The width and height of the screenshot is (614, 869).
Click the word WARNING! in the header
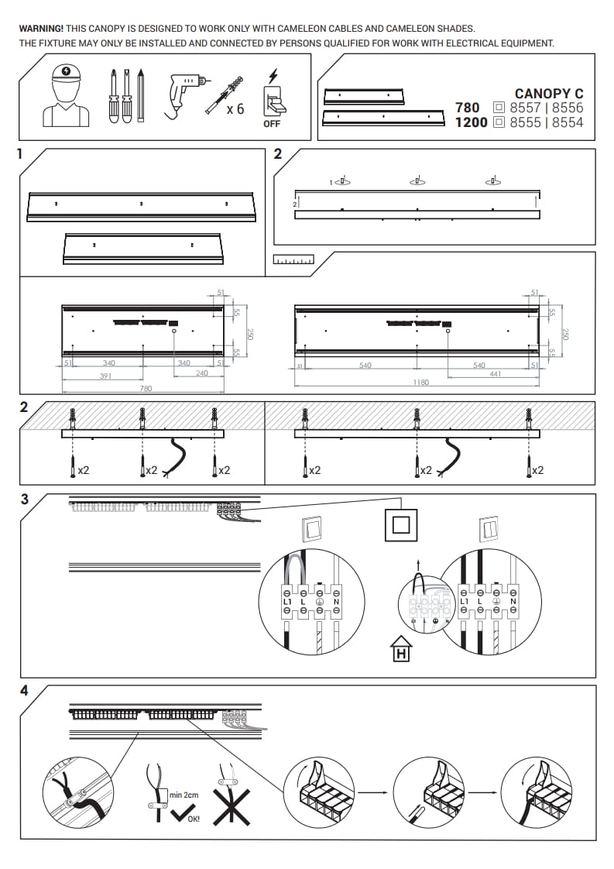point(42,29)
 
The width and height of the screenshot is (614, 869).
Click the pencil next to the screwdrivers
point(141,95)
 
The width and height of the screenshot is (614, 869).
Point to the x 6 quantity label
point(235,109)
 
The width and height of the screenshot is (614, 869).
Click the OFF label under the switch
point(272,124)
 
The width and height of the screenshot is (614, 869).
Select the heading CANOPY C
point(549,94)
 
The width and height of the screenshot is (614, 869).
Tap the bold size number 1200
point(471,122)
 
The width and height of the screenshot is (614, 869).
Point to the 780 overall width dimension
point(146,389)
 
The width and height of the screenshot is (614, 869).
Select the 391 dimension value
point(106,376)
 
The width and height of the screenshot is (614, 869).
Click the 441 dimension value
point(496,374)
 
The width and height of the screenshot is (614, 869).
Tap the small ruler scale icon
point(293,260)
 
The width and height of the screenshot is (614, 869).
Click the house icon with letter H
point(401,649)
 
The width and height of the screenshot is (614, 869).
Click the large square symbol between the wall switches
point(401,523)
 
